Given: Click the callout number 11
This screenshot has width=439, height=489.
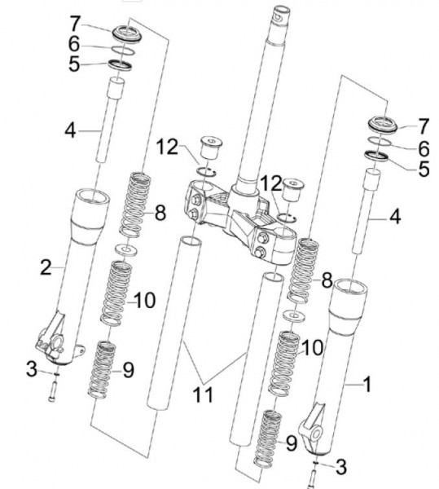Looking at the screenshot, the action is [203, 394].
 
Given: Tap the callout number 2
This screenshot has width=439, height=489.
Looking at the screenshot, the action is [46, 267].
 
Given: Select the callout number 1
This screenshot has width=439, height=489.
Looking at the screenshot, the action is [367, 384].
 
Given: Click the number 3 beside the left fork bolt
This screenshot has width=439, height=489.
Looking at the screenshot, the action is [32, 369].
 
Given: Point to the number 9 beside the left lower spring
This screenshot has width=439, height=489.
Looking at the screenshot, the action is [128, 371].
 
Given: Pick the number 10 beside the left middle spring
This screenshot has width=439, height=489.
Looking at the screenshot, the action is [145, 301].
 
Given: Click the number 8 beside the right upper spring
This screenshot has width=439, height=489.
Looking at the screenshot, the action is [327, 280].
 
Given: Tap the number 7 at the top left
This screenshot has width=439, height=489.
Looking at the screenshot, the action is [75, 24].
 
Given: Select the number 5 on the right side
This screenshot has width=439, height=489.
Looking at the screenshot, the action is [424, 169].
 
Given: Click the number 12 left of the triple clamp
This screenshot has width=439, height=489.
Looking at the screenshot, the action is [167, 147].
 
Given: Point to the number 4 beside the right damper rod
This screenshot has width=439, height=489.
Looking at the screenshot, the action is [395, 217].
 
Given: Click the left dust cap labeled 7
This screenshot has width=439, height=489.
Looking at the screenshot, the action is [126, 33].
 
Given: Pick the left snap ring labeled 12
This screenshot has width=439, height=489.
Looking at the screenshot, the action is [206, 171].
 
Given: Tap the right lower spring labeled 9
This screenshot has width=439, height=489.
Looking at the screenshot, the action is [268, 438].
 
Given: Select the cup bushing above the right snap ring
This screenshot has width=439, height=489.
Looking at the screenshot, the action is [292, 191].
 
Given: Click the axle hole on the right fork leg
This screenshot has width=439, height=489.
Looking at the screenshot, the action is [317, 434].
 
